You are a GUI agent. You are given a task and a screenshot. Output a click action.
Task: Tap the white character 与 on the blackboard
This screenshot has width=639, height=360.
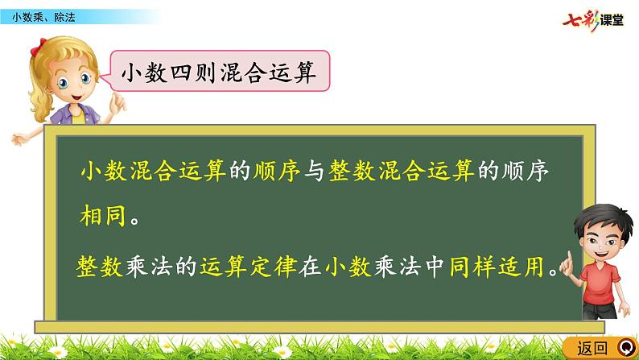315,172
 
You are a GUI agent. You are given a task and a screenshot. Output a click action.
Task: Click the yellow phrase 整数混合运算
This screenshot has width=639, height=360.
402,172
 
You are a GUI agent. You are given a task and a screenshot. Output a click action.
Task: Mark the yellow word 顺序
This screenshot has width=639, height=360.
278,172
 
